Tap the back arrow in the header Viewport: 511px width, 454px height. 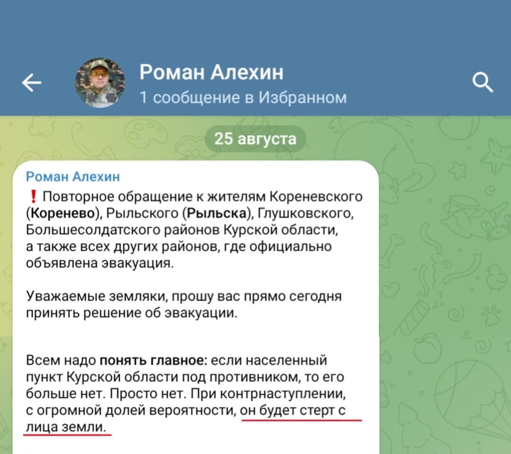tap(32, 83)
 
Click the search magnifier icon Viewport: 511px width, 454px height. tap(483, 83)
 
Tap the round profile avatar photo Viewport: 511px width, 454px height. tap(100, 83)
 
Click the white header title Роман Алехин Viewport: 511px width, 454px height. tap(211, 72)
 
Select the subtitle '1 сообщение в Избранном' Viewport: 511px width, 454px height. tap(243, 97)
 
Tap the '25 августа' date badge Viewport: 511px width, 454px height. tap(255, 139)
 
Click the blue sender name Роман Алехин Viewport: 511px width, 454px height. tap(73, 176)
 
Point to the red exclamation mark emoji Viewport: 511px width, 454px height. tap(33, 197)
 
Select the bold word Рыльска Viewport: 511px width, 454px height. tap(216, 213)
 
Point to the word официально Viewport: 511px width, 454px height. tap(291, 247)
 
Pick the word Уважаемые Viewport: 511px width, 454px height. tap(65, 297)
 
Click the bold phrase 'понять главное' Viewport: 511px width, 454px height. tap(151, 360)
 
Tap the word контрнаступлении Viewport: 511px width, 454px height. tap(282, 394)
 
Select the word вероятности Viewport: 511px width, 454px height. tap(192, 410)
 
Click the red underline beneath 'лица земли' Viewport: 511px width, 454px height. tap(68, 434)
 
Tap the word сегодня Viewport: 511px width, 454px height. tap(316, 297)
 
